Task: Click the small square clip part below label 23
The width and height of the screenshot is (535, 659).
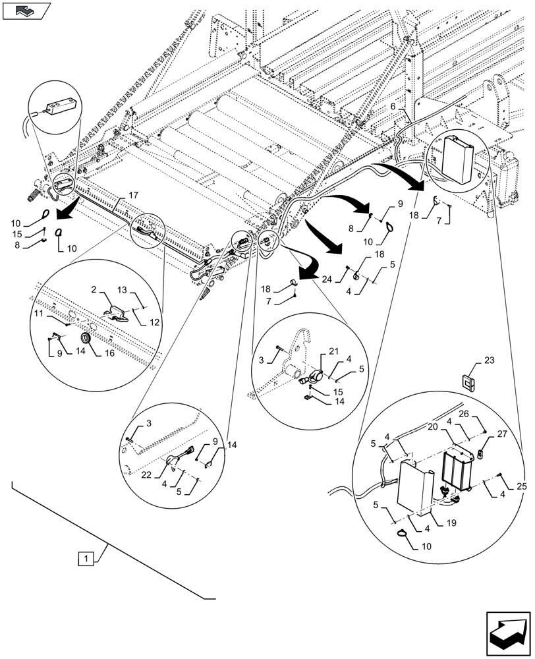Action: (x=470, y=381)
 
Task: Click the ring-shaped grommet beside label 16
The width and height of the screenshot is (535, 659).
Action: (x=85, y=339)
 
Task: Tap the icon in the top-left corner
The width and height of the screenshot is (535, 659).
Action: (x=26, y=10)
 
